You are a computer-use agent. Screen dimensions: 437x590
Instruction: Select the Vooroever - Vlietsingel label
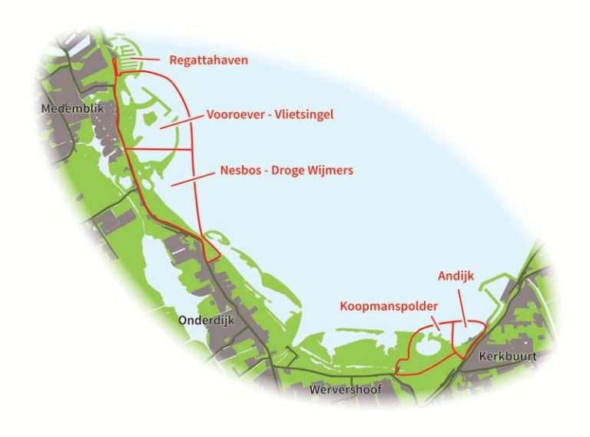[270, 115]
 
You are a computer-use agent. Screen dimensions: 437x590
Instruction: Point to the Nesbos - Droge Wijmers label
[287, 170]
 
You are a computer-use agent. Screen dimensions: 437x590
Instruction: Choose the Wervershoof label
[345, 389]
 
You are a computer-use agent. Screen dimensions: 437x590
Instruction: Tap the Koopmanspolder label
[389, 306]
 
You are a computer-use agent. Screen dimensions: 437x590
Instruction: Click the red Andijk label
[455, 275]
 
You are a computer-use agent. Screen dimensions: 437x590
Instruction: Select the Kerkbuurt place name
[506, 358]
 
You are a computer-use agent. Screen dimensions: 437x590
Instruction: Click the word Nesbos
[240, 170]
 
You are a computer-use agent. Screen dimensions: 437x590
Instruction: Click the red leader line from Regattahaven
[144, 58]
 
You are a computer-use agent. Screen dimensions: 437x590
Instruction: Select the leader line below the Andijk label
[462, 302]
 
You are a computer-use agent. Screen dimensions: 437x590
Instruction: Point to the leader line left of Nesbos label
[192, 179]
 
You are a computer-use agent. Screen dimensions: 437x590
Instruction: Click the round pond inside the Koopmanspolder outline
[427, 348]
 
